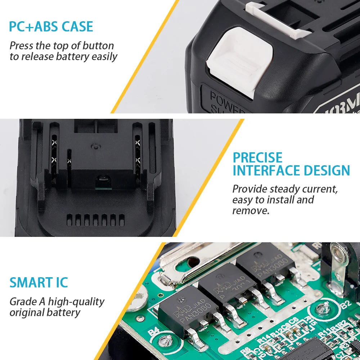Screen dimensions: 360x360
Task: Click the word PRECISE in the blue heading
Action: pos(257,158)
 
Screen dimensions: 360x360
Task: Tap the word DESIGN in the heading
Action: pos(328,170)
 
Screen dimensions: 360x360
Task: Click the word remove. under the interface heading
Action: pos(251,211)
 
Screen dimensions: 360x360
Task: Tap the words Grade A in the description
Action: pos(27,301)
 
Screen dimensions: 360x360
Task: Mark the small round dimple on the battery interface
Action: pos(95,146)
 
